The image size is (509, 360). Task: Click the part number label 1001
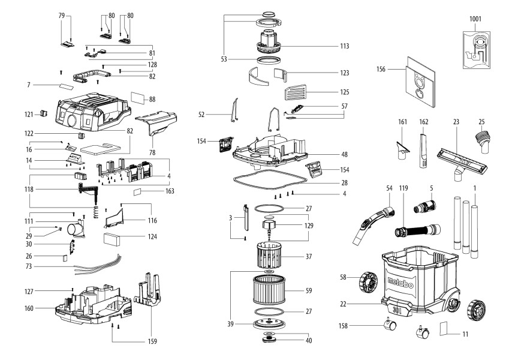tap(475, 19)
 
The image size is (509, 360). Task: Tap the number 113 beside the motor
tap(344, 46)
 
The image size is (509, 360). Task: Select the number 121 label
tap(29, 114)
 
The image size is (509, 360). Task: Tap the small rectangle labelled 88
tap(138, 97)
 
